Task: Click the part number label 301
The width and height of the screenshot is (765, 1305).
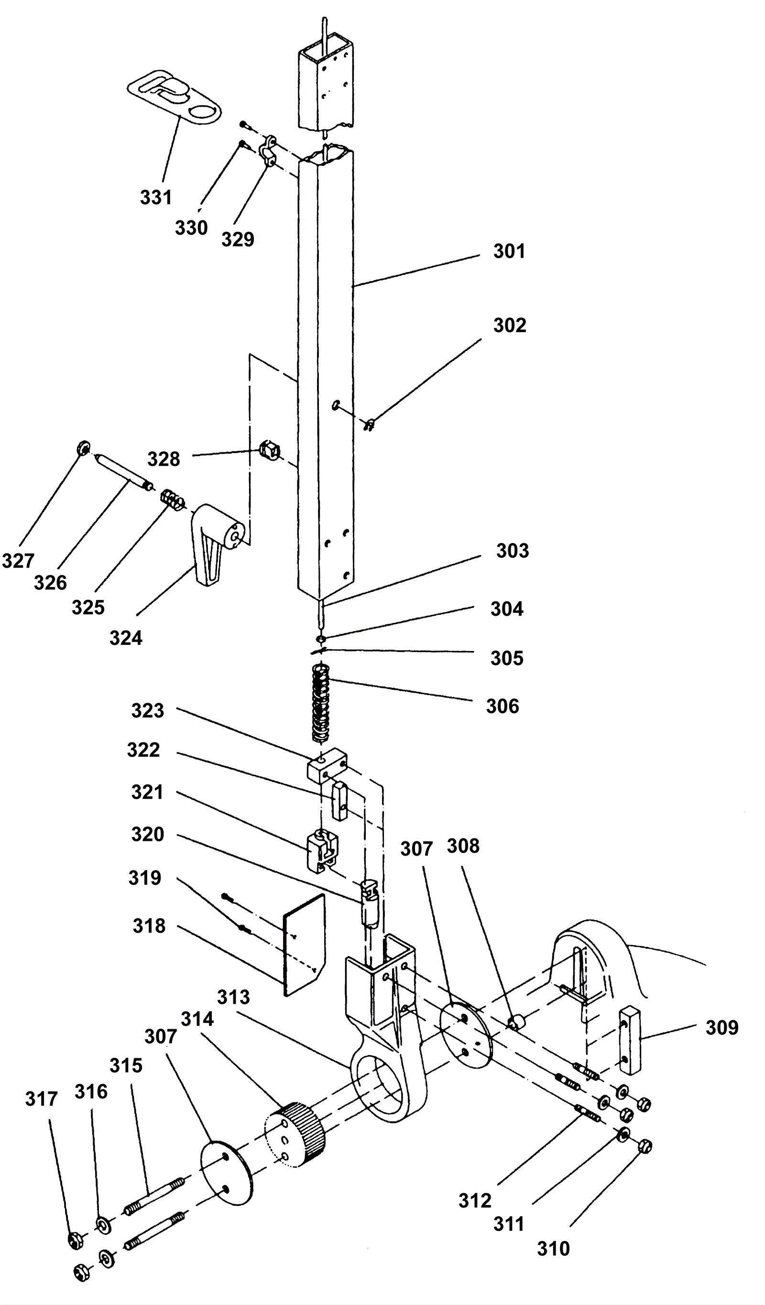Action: coord(509,251)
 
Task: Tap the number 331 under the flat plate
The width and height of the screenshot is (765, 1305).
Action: coord(156,197)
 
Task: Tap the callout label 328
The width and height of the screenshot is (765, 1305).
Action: coord(164,459)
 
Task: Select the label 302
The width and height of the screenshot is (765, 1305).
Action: coord(510,325)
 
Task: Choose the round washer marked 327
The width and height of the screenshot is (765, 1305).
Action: coord(83,448)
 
